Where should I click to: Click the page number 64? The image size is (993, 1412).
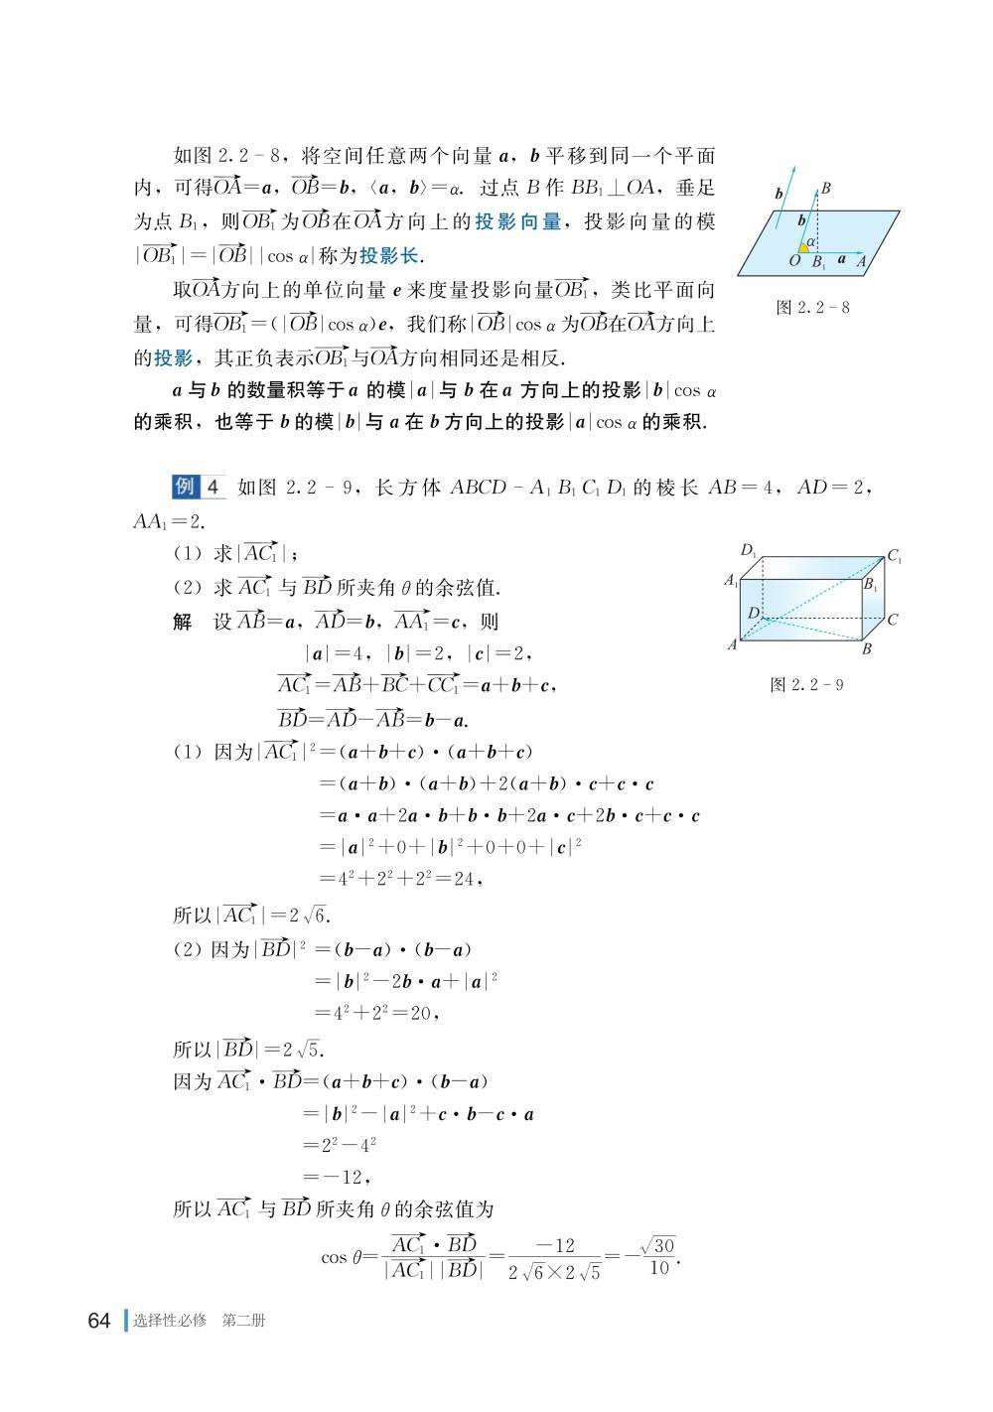coord(98,1321)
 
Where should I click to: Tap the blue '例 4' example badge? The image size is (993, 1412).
coord(199,487)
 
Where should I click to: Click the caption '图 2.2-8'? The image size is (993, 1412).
coord(812,307)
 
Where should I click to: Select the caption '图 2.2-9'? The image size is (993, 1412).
coord(806,685)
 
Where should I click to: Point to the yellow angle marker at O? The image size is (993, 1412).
coord(803,247)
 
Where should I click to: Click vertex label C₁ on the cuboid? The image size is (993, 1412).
coord(894,557)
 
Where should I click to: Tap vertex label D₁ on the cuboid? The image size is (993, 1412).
coord(749,550)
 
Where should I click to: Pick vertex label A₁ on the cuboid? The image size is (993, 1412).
coord(731,580)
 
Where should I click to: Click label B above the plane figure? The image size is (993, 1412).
coord(826,188)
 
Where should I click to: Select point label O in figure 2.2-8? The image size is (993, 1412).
coord(794,262)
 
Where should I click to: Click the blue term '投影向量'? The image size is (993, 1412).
coord(517,221)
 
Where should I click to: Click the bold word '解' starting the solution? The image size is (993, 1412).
coord(183,623)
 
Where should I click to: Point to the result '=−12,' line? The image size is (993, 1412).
coord(340,1177)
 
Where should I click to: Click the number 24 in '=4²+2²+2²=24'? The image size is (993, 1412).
coord(465,879)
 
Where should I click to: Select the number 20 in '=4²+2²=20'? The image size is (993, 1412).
coord(421,1013)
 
